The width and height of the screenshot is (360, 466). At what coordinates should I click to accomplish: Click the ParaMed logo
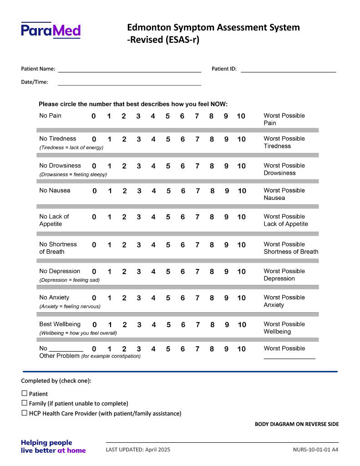click(51, 30)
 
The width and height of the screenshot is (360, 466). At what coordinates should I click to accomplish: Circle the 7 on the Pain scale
click(197, 116)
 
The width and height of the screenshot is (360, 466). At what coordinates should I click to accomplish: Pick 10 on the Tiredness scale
click(241, 139)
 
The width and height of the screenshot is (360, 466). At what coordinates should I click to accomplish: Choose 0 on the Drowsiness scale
click(94, 166)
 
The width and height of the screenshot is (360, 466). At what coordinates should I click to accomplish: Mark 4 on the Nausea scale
click(154, 191)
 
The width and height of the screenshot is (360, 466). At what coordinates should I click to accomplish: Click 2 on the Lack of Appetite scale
click(124, 217)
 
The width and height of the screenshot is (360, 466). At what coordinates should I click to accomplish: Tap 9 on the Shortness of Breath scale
click(226, 245)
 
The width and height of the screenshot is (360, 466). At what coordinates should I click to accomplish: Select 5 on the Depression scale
click(168, 272)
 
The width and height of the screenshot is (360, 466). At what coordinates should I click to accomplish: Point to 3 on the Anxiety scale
click(139, 298)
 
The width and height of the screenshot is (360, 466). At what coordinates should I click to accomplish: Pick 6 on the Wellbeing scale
click(183, 325)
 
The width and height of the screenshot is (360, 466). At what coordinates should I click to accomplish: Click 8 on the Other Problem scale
click(212, 349)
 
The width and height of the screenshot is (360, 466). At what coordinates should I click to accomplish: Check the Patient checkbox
click(25, 393)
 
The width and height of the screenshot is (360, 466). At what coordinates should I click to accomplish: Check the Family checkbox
click(25, 403)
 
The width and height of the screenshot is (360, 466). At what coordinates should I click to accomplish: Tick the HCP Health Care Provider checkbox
click(25, 413)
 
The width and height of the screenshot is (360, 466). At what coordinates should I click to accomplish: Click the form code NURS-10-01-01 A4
click(315, 450)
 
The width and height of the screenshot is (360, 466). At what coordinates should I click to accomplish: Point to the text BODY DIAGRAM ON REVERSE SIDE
click(296, 424)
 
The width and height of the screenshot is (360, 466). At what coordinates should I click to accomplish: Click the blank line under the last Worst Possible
click(289, 358)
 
